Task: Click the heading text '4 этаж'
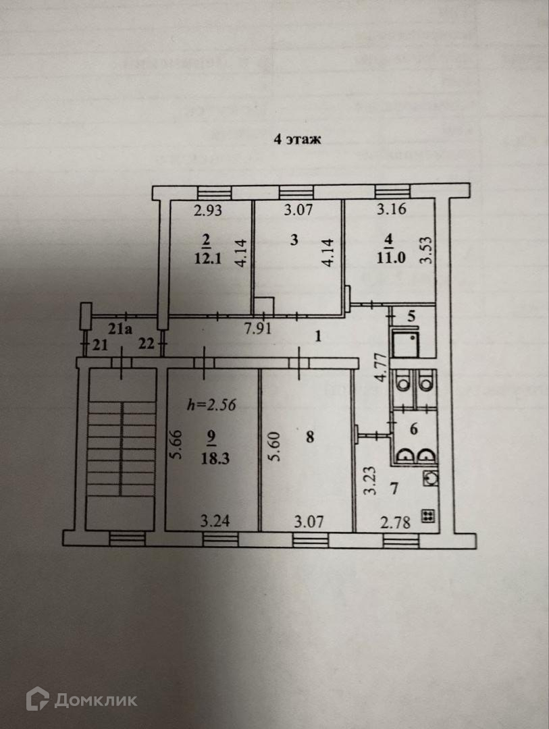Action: pyautogui.click(x=297, y=140)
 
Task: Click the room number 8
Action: pyautogui.click(x=309, y=437)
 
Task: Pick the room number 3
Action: pyautogui.click(x=293, y=240)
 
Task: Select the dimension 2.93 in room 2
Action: pyautogui.click(x=208, y=210)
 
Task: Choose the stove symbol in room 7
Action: pyautogui.click(x=428, y=516)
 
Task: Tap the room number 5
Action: pyautogui.click(x=411, y=315)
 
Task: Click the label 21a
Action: pyautogui.click(x=122, y=329)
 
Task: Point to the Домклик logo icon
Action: pyautogui.click(x=37, y=699)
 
